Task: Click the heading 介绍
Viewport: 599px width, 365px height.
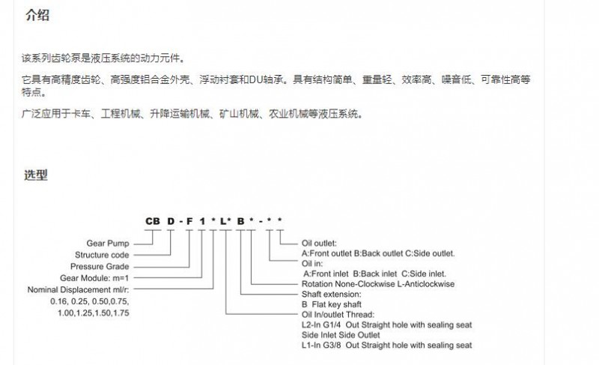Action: click(x=37, y=15)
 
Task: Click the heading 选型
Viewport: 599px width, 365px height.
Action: click(x=36, y=175)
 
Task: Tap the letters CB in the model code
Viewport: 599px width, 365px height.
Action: click(x=153, y=221)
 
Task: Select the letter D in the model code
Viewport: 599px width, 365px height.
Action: click(x=171, y=221)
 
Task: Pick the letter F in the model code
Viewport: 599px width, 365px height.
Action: click(x=189, y=221)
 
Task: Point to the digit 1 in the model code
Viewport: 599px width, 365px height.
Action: click(x=202, y=221)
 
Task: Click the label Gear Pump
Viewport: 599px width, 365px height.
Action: click(x=108, y=244)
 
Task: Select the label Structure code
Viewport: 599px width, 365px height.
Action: click(x=102, y=255)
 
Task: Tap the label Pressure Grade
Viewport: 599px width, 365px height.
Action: click(x=100, y=266)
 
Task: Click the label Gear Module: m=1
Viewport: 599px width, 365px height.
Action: click(x=94, y=278)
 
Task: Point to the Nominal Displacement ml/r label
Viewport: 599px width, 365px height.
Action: click(x=78, y=290)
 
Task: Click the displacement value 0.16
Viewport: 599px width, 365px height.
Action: click(x=58, y=301)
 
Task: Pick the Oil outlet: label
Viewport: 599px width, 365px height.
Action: click(x=319, y=243)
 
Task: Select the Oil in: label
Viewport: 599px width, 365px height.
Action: click(x=312, y=263)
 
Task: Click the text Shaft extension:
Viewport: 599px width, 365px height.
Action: click(x=331, y=295)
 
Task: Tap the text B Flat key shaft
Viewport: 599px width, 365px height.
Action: click(x=331, y=304)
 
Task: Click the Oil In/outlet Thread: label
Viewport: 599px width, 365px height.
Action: click(x=338, y=315)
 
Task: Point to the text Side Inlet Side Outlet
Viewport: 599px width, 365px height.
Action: click(x=341, y=335)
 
